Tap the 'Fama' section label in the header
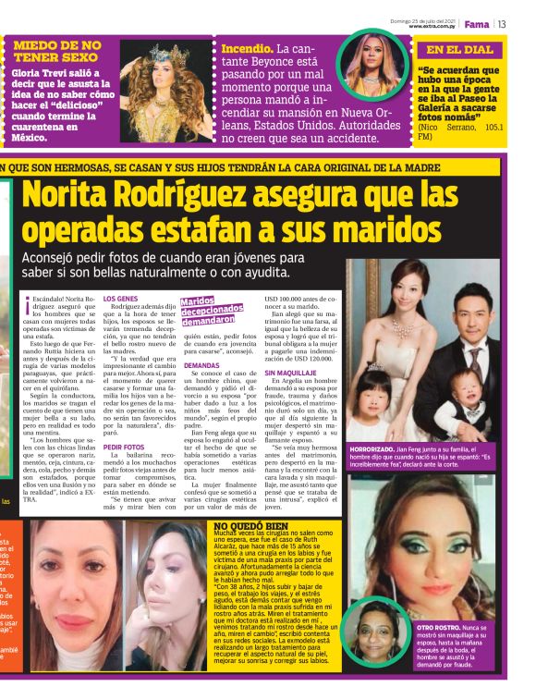476,24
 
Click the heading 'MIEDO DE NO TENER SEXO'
56,52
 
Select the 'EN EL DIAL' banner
459,51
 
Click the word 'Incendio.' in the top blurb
247,48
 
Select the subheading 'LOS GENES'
120,300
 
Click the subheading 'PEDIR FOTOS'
124,448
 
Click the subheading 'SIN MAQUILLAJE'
293,374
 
